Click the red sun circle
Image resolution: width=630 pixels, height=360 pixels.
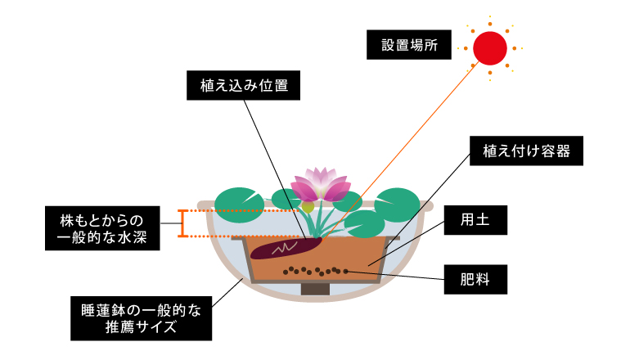pos(491,47)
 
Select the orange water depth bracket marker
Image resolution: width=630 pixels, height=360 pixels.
pos(182,223)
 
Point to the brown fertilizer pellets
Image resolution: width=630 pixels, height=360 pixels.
pos(316,269)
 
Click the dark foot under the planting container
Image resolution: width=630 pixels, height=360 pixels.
pos(316,288)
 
